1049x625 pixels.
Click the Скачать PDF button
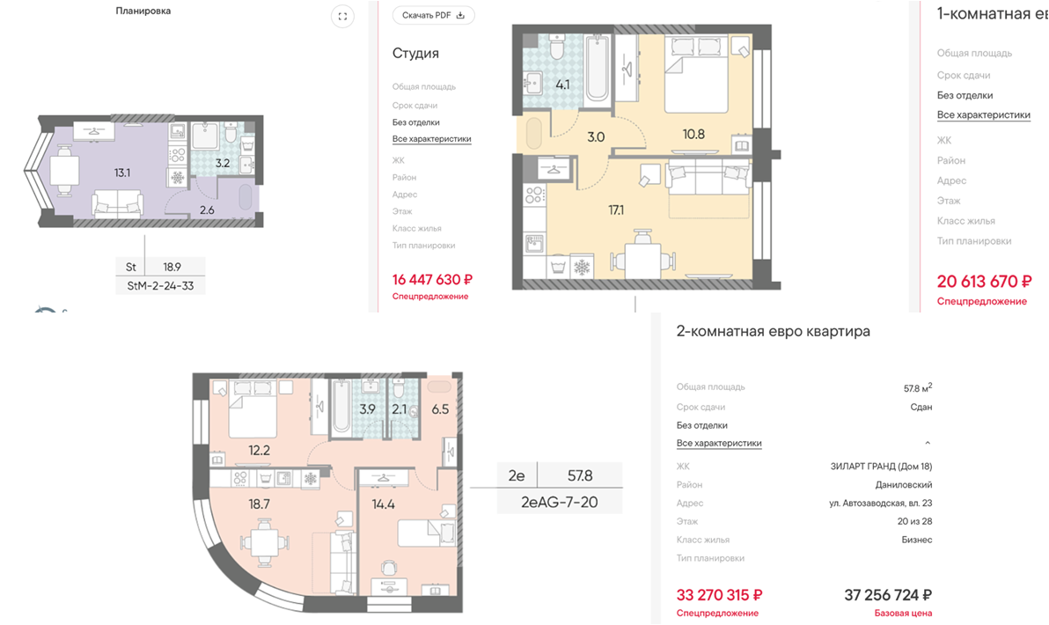point(434,15)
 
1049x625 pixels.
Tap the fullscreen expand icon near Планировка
point(342,17)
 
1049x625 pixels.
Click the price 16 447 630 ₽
point(432,280)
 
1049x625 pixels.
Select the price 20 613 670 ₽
point(984,281)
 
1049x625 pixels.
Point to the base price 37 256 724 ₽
point(888,595)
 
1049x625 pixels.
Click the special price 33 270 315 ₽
point(719,595)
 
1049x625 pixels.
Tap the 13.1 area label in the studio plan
point(121,173)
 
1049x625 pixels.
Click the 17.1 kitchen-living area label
point(615,210)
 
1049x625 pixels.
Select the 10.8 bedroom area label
point(693,135)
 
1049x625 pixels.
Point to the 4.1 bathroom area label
point(562,85)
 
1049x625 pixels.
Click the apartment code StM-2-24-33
point(160,286)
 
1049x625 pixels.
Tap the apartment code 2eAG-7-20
point(560,503)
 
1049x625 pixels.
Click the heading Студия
point(415,54)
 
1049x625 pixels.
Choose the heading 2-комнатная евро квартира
point(774,331)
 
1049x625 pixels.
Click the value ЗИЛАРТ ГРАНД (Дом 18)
point(881,467)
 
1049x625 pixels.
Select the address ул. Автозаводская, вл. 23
point(880,504)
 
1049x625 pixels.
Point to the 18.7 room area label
point(259,504)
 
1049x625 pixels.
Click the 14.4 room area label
point(384,504)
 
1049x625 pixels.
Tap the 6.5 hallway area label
point(440,408)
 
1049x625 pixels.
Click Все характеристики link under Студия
point(431,139)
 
